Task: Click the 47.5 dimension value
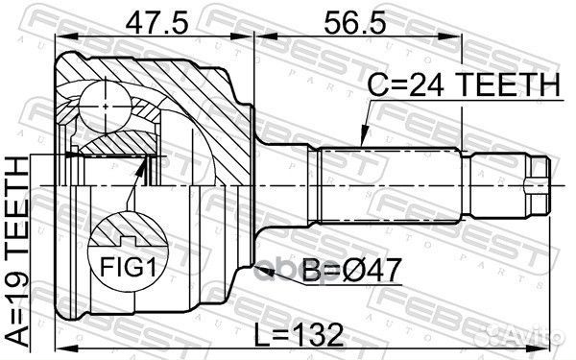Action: coord(156,22)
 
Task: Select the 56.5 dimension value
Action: coord(355,22)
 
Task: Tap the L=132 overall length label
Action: coord(299,335)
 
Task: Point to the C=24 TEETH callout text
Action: coord(465,84)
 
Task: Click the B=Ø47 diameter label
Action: coord(350,271)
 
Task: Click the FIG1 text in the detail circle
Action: coord(129,266)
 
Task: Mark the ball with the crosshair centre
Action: coord(106,107)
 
